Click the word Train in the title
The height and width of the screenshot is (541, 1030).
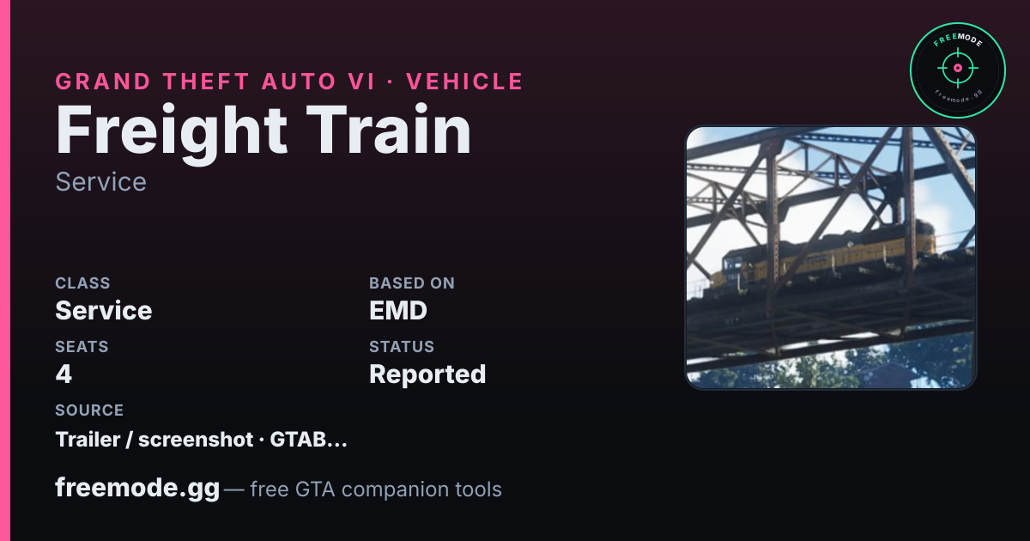[389, 130]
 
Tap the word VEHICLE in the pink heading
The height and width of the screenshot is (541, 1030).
[464, 82]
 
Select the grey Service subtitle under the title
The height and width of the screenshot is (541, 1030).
[100, 182]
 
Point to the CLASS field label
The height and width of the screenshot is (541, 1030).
[82, 283]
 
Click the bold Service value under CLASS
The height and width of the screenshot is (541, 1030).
[104, 311]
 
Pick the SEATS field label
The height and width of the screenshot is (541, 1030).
[82, 346]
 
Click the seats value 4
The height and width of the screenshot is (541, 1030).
[64, 374]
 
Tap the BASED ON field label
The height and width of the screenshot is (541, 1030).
[412, 283]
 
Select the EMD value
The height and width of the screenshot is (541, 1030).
[398, 311]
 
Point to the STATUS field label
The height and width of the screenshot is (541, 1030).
[402, 346]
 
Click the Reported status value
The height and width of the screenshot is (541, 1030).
[427, 374]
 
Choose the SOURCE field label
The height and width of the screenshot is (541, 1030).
[89, 410]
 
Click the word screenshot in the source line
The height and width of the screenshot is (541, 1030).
[196, 440]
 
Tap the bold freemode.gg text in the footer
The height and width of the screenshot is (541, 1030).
[137, 488]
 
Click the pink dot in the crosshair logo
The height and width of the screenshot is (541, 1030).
[958, 68]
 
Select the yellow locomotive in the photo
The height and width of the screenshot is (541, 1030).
[823, 258]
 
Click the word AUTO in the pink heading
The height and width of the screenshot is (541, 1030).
[299, 82]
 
